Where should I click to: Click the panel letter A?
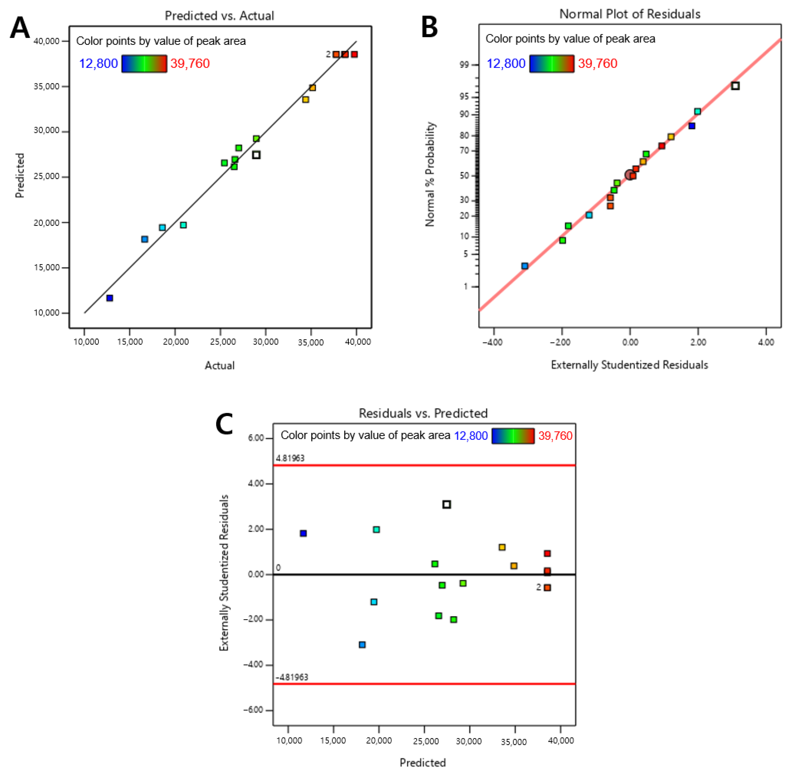19,28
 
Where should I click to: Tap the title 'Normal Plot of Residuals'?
630,14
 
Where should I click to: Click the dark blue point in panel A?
109,298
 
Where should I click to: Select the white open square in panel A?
256,155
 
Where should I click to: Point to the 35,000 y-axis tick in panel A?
46,86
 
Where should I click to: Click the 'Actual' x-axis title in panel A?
219,365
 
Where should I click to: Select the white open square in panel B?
735,86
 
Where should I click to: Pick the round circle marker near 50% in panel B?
630,175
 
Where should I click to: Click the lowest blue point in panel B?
524,266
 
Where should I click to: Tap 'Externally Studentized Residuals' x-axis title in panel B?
629,365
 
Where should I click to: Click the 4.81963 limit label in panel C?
290,458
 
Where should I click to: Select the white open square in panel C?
446,504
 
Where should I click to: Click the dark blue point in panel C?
303,533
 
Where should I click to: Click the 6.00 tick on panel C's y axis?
256,438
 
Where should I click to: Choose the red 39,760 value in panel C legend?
555,436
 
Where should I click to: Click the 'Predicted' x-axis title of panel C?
423,762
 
